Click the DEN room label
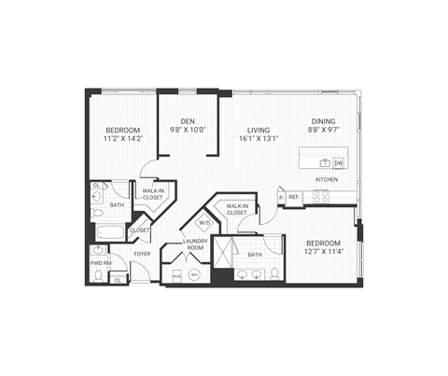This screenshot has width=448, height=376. pos(188,119)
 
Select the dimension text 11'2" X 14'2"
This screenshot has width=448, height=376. pos(121,138)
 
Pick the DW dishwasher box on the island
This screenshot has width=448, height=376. pos(338,162)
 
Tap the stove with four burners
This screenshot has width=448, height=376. pos(319,197)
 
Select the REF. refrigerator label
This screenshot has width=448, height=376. pos(293,197)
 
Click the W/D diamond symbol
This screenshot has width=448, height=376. pos(204,223)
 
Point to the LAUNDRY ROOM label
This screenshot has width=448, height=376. pos(194,245)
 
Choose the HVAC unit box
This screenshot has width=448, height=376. pos(177,275)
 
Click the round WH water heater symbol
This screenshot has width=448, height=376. pos(194,274)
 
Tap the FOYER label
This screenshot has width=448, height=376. pos(142,253)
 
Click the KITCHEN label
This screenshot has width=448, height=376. pos(326,179)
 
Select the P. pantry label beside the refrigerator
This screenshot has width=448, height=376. pos(280,197)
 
